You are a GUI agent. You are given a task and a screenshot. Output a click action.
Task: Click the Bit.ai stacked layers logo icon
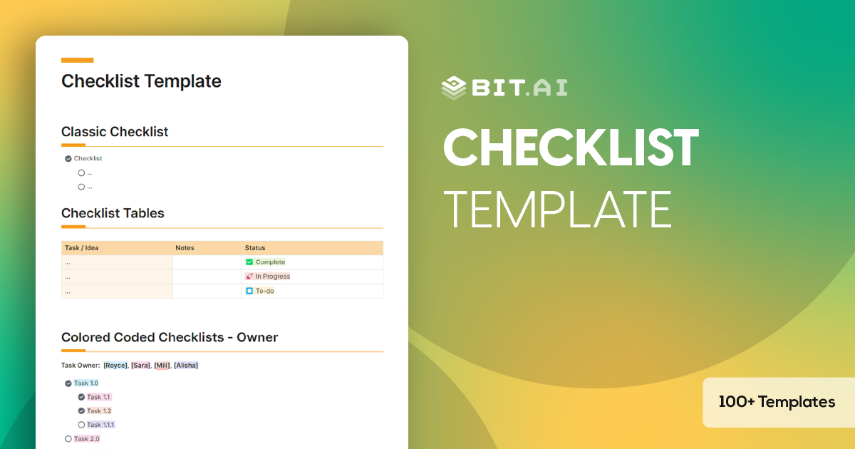click(x=454, y=87)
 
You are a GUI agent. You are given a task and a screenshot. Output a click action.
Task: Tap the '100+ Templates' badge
click(x=777, y=402)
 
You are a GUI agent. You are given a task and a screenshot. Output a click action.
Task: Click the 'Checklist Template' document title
click(x=141, y=81)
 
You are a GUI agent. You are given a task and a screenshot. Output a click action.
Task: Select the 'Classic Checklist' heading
click(x=115, y=132)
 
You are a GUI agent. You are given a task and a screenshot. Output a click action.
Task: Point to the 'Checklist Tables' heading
click(x=113, y=213)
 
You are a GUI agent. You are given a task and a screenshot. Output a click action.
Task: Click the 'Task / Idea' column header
click(x=82, y=248)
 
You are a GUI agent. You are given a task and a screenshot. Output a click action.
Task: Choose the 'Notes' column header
click(x=185, y=248)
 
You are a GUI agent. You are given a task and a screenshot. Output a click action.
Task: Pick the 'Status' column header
click(x=255, y=248)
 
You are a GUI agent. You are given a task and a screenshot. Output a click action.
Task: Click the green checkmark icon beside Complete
click(x=249, y=262)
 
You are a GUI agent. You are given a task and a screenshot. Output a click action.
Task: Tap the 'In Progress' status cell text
click(x=272, y=277)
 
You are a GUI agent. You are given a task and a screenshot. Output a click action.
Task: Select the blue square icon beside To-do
click(x=249, y=291)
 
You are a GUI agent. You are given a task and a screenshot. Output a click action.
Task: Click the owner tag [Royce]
click(x=116, y=366)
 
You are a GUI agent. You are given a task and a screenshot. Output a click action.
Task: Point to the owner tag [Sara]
click(x=140, y=366)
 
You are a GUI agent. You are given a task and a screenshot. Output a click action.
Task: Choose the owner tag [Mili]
click(x=162, y=366)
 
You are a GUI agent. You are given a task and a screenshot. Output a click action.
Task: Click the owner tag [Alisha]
click(x=186, y=366)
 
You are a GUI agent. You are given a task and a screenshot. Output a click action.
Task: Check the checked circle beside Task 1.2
click(x=81, y=411)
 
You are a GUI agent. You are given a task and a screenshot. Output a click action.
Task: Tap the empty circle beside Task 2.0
click(x=68, y=439)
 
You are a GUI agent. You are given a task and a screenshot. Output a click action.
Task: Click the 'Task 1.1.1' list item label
click(x=100, y=425)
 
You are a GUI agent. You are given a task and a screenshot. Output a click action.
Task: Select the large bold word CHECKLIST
click(x=571, y=148)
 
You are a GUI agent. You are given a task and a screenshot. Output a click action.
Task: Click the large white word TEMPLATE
click(x=557, y=209)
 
